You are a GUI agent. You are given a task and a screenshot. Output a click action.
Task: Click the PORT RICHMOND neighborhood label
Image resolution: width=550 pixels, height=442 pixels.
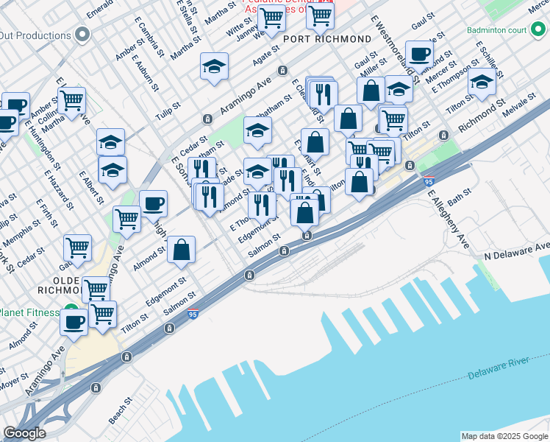[326, 39]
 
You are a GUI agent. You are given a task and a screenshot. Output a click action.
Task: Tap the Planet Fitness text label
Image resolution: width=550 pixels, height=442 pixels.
[29, 312]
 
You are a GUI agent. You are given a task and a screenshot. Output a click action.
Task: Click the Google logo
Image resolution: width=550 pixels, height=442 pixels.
[24, 433]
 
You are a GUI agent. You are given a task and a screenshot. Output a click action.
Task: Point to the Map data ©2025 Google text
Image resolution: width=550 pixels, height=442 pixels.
[504, 436]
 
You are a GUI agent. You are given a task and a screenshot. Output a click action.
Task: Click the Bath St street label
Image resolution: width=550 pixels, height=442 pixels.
[458, 197]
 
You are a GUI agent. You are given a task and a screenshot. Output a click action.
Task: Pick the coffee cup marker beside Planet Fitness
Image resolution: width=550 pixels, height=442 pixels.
[74, 322]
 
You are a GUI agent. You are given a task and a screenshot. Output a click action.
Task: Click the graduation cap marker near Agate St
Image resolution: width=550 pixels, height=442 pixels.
[215, 67]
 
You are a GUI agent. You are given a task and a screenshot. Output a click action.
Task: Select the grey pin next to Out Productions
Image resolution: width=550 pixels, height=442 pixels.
[82, 35]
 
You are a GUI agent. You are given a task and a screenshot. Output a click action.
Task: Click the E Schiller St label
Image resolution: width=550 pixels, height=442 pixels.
[488, 58]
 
